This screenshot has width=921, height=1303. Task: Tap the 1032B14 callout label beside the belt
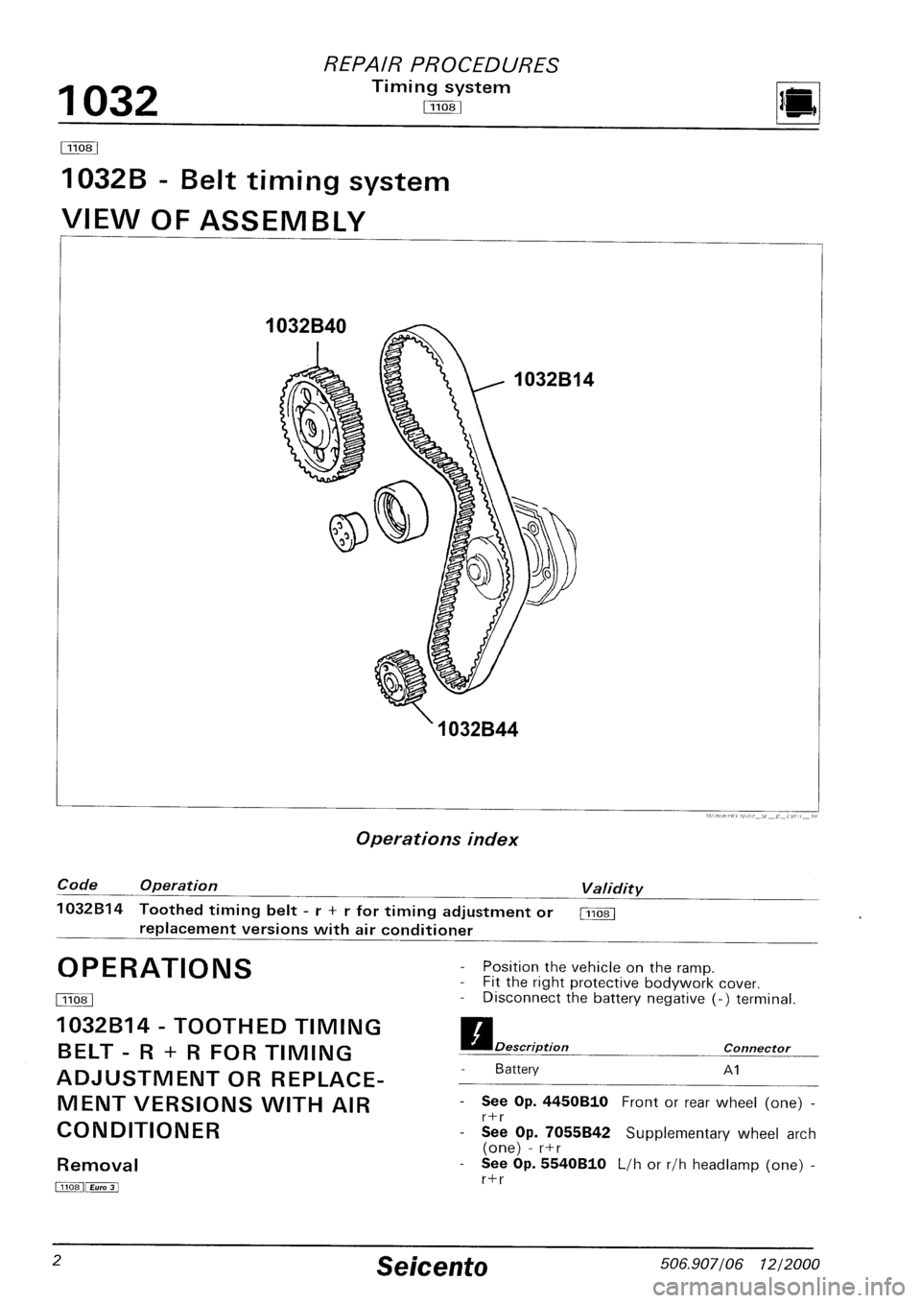pos(555,380)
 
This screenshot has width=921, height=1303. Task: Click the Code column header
pos(74,885)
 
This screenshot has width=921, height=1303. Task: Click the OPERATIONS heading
pos(155,967)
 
